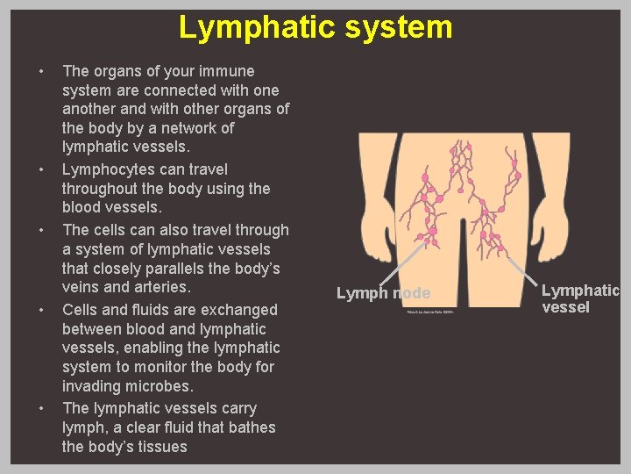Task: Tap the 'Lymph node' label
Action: (384, 293)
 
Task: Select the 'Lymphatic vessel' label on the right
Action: (579, 298)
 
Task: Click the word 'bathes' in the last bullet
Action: (250, 427)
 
